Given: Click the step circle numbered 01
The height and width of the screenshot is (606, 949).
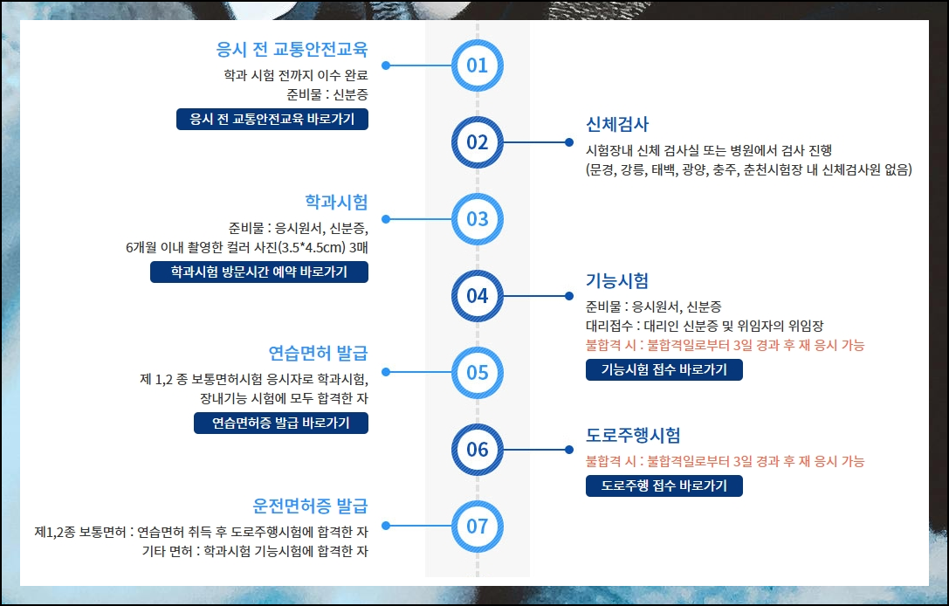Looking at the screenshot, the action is point(477,65).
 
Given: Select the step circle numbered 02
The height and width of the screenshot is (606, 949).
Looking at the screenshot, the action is point(477,141).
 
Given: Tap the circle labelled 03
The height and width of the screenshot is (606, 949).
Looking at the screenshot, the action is point(477,218).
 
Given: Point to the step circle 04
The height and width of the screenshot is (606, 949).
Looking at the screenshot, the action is point(477,295).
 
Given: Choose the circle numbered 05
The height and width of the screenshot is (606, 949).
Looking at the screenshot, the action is point(477,373).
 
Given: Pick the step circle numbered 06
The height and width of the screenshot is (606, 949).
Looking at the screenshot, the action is point(477,450).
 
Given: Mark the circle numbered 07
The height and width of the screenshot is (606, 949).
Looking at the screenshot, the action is point(477,527).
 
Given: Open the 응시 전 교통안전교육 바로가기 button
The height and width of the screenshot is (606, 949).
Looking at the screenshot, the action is point(272,119).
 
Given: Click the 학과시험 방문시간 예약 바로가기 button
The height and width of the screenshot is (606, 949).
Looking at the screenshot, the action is point(258,272).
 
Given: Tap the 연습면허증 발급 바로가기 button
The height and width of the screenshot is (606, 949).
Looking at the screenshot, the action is point(280,424).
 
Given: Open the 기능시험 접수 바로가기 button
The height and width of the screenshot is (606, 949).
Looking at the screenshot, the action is point(664,370).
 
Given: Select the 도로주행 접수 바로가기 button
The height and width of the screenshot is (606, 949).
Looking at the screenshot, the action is point(664,485).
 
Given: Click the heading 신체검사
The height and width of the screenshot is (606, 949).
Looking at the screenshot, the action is point(617,124).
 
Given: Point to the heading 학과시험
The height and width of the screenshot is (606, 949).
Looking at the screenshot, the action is point(336,202).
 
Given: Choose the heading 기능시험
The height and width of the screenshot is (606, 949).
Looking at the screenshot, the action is point(617,281).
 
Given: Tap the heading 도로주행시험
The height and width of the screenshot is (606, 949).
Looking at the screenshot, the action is point(633,435).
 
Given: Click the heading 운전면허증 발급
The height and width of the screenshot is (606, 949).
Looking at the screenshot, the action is point(310,506).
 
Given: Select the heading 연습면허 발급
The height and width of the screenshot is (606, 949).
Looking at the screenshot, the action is point(318,354).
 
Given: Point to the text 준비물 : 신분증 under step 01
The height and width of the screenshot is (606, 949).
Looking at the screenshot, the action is point(327,94).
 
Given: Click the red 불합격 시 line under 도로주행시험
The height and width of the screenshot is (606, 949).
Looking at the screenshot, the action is point(725,461).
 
